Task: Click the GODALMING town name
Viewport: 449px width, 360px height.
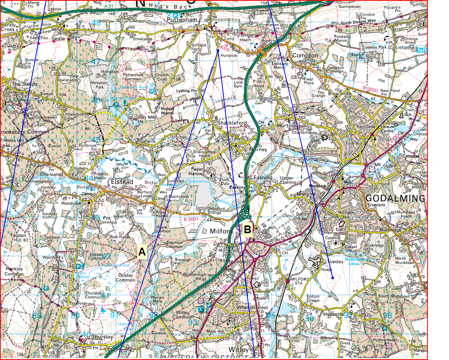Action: coord(395,198)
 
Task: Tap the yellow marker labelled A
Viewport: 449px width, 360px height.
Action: coord(142,252)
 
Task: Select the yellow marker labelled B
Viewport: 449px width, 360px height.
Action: coord(247,229)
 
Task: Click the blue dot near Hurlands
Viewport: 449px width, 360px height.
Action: coord(217,50)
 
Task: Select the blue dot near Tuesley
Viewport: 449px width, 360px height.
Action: coord(332,278)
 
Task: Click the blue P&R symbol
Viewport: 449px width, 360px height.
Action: coord(421,50)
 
